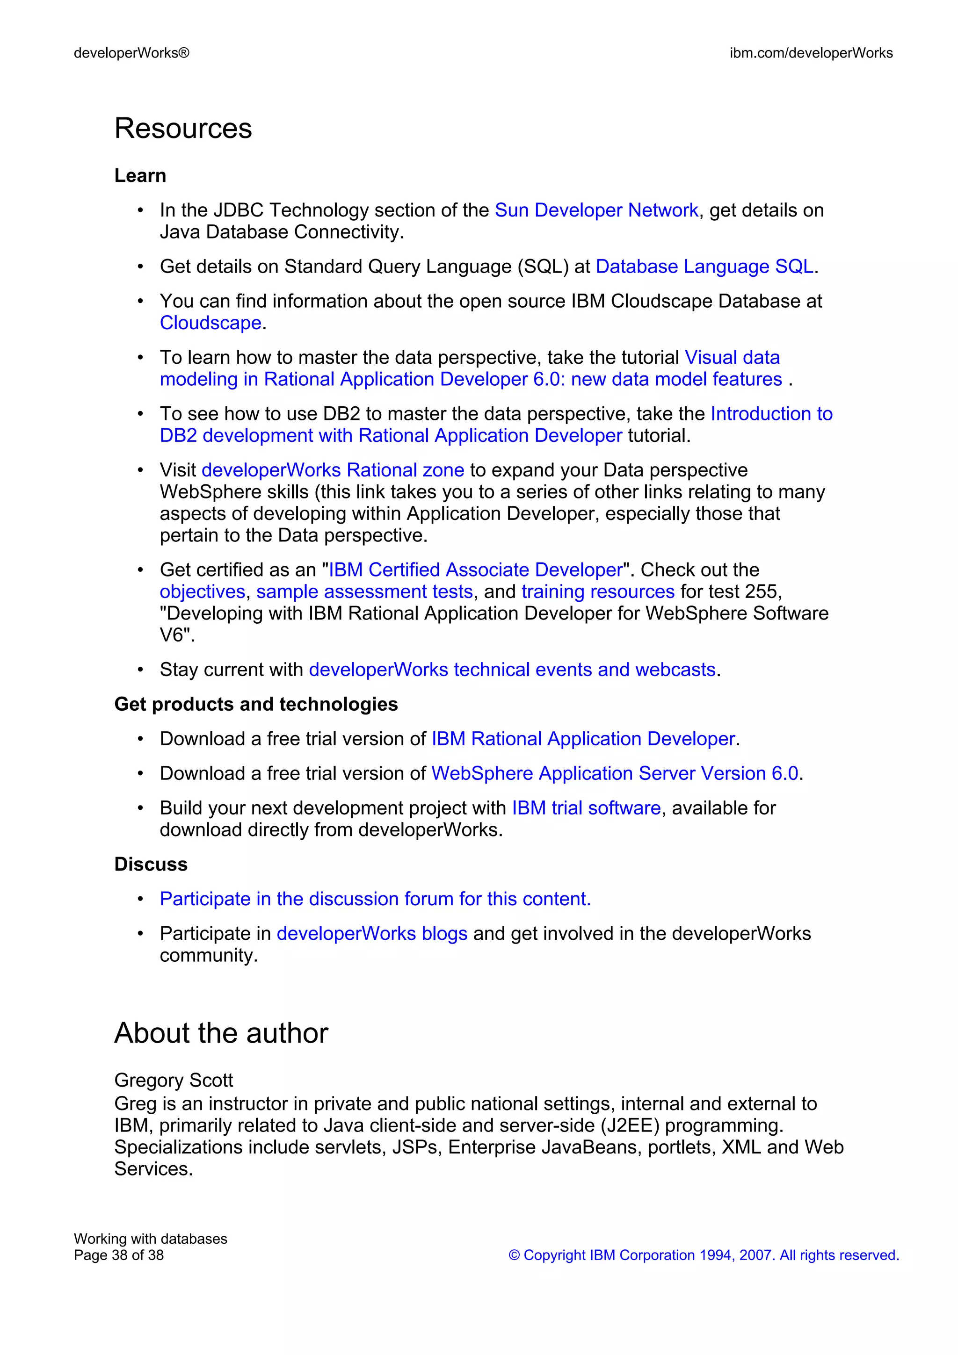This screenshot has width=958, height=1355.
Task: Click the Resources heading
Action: (183, 129)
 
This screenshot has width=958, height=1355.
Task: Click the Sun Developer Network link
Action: (596, 210)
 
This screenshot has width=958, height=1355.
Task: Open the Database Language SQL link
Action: (704, 267)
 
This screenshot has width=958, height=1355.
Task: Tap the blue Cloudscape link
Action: (210, 323)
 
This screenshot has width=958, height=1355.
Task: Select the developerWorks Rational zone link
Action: (333, 470)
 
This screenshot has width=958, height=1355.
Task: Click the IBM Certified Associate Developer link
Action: (475, 569)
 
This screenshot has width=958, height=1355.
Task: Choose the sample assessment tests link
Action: (364, 591)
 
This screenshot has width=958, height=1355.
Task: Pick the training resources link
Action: (597, 591)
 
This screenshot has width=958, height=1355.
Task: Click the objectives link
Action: (203, 591)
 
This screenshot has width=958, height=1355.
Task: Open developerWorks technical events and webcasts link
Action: (512, 670)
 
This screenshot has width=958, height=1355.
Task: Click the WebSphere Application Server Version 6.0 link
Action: (615, 773)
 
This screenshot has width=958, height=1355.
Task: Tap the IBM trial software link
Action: (586, 808)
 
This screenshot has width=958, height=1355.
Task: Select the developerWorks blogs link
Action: (372, 934)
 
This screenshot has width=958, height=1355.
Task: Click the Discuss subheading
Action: (151, 864)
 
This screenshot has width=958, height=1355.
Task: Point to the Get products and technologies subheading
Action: (255, 704)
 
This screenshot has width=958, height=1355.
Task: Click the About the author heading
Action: (221, 1033)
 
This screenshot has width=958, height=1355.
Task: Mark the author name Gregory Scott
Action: (174, 1080)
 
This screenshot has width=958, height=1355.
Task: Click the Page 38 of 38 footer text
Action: (119, 1255)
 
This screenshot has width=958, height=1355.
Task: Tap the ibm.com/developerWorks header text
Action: (811, 53)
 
